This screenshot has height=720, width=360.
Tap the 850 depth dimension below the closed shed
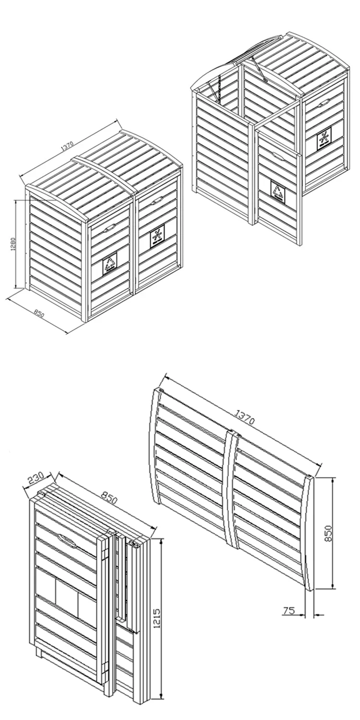click(39, 314)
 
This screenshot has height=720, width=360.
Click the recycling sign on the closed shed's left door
click(109, 264)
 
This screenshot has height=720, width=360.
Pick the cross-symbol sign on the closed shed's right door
click(157, 237)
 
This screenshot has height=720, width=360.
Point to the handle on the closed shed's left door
click(109, 227)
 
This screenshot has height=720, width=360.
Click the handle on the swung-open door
click(277, 155)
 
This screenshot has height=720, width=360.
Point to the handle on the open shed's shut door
click(324, 102)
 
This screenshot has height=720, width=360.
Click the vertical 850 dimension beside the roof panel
click(328, 533)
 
